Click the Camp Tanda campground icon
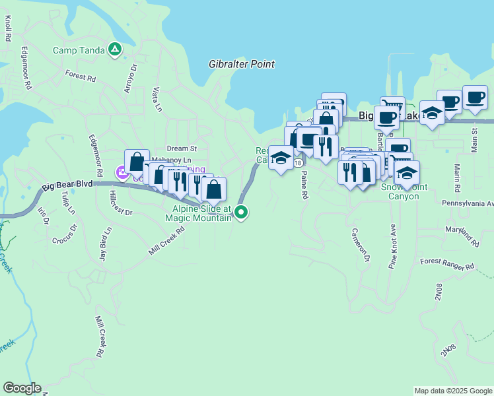pyautogui.click(x=115, y=49)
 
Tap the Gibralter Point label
pyautogui.click(x=241, y=64)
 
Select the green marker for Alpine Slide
pyautogui.click(x=242, y=212)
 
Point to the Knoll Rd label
pyautogui.click(x=8, y=29)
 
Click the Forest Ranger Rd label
pyautogui.click(x=447, y=265)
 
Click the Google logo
pyautogui.click(x=21, y=388)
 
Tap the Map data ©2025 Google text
pyautogui.click(x=452, y=391)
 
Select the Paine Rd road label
pyautogui.click(x=304, y=185)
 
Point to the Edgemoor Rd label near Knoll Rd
pyautogui.click(x=26, y=68)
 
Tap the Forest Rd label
pyautogui.click(x=81, y=76)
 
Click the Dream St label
pyautogui.click(x=182, y=148)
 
